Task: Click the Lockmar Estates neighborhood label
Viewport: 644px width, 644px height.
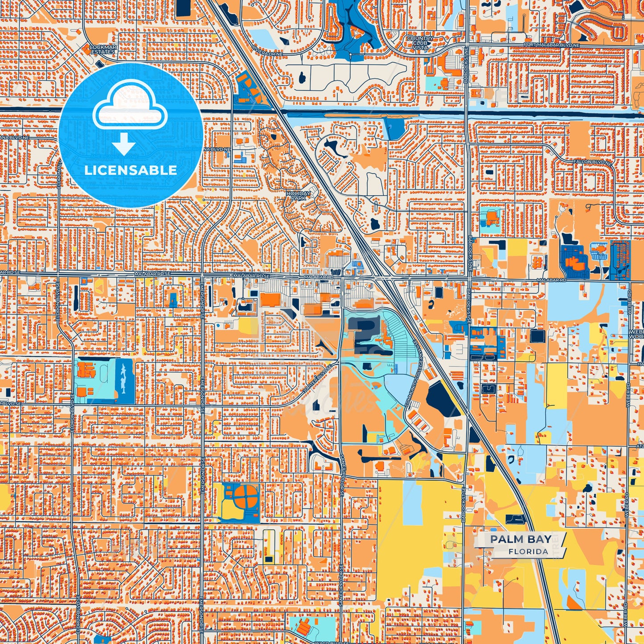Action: tap(103, 49)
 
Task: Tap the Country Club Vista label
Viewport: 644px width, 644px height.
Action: tap(420, 43)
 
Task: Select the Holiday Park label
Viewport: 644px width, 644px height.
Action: tap(298, 196)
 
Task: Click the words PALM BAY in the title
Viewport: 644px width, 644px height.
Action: tap(521, 539)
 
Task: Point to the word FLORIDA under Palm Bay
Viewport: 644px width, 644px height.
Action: tap(528, 551)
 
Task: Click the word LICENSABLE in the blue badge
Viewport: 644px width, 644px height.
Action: tap(131, 170)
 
